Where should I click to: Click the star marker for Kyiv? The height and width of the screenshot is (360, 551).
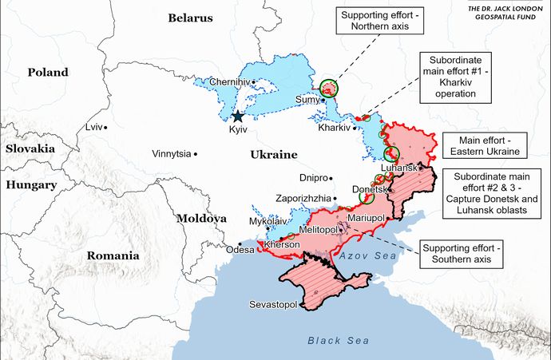click(237, 116)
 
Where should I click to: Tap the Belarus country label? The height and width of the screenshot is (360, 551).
click(190, 18)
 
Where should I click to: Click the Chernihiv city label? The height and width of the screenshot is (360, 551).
click(229, 81)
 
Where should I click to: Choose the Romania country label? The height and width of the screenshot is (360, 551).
click(113, 256)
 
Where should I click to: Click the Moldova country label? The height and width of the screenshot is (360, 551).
click(201, 217)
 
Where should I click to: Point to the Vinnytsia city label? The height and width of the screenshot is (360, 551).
click(172, 153)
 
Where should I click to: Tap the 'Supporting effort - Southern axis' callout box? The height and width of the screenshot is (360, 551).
click(462, 253)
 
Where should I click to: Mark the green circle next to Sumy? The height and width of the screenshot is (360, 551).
click(328, 89)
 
